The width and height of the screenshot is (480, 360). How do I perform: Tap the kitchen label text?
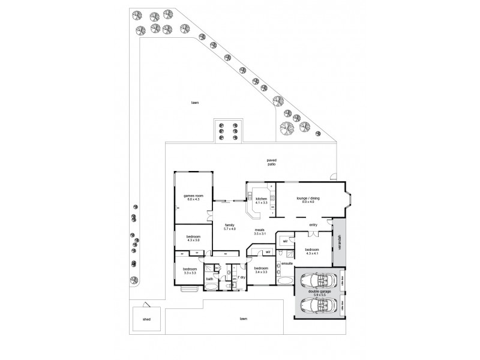point(261,199)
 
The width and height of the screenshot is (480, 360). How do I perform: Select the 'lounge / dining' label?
point(308,198)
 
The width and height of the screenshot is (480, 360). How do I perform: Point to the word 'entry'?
point(313,225)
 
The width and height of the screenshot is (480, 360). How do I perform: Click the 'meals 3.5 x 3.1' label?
point(260,232)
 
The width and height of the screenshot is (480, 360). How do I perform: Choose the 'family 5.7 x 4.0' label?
point(230,227)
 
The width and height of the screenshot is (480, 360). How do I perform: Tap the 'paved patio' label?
point(271,162)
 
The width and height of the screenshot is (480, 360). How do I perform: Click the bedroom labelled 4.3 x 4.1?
point(311,250)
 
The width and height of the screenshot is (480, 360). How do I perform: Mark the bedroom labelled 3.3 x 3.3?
point(190,271)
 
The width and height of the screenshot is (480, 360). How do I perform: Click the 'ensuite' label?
point(287,263)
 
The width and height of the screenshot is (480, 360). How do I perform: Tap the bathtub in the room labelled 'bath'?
point(211,287)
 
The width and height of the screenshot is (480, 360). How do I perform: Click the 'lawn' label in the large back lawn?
point(195,103)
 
